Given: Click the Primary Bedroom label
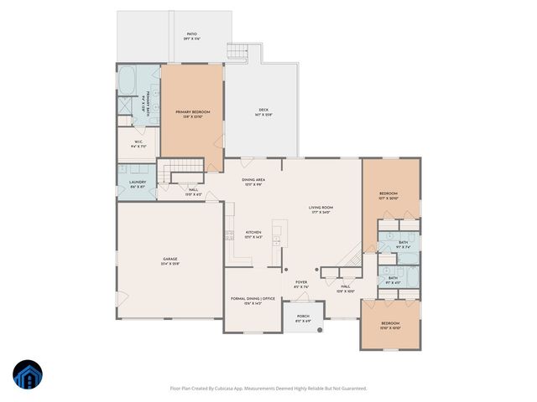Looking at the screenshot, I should point(192,112).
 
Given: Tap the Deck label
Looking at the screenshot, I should point(263,112).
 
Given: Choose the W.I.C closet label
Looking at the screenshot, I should point(139,142).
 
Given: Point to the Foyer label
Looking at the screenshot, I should point(301,284).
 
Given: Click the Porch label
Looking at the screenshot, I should point(303,318).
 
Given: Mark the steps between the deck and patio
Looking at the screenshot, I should point(240,51).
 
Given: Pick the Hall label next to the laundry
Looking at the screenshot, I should point(193,191).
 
